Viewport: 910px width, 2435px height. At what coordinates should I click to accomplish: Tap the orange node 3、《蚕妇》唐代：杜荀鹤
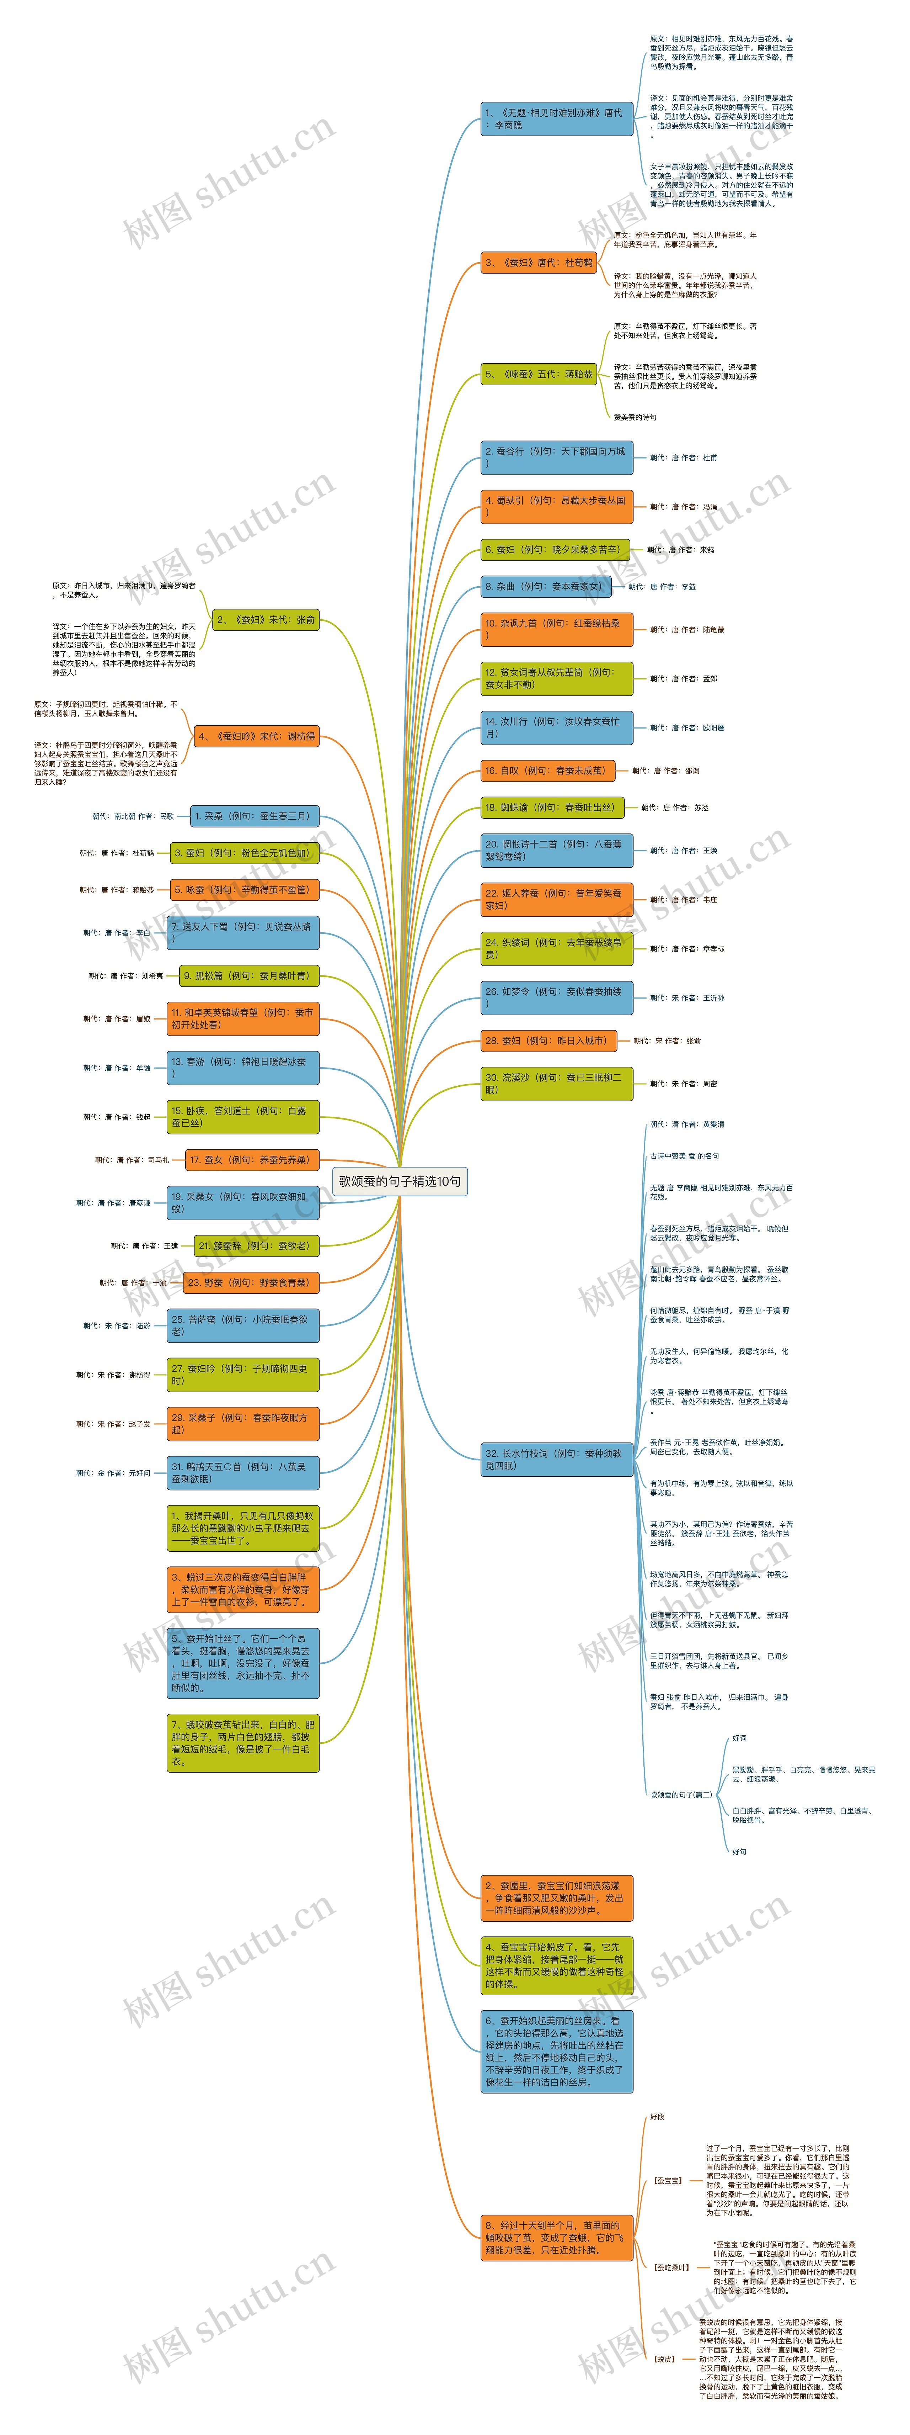click(539, 263)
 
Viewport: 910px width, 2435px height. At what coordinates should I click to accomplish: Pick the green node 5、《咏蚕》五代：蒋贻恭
click(539, 374)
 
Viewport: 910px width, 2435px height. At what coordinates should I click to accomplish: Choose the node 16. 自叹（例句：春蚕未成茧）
click(546, 771)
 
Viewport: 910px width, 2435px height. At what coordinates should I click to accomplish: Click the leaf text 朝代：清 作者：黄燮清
click(687, 1125)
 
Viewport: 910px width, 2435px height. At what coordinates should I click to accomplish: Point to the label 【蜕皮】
click(664, 2359)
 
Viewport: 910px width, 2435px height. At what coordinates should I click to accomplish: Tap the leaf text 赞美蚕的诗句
click(635, 417)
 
